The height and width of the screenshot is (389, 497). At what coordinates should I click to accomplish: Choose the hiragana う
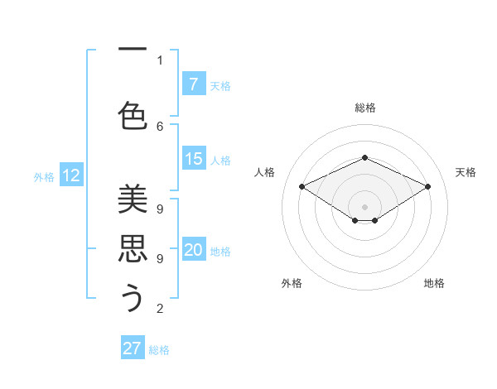pos(133,298)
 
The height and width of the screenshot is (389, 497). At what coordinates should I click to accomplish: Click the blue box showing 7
pos(193,84)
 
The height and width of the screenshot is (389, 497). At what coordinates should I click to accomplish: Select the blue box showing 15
pos(193,160)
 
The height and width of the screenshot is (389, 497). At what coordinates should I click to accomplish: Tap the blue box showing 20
pos(193,251)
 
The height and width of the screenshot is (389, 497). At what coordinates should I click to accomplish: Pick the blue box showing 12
pos(70,175)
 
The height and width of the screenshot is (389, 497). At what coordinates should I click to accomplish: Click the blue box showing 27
pos(133,348)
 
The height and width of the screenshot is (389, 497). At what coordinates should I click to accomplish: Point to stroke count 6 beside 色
pos(160,126)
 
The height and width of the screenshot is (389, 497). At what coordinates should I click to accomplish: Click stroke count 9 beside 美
pos(160,209)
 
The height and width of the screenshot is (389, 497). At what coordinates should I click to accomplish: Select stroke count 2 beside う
pos(160,309)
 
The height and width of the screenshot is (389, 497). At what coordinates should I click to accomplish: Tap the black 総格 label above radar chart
pos(364,108)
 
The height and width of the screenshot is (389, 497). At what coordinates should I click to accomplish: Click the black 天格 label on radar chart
pos(466,172)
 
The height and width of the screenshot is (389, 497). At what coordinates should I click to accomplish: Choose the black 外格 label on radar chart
pos(292,283)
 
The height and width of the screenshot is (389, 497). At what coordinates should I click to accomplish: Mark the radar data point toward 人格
pos(302,187)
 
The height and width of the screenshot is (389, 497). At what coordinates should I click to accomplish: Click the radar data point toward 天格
pos(427,187)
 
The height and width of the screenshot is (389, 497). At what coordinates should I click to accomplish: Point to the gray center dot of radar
pos(364,207)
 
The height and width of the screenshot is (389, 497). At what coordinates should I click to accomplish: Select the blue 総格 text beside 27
pos(159,350)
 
